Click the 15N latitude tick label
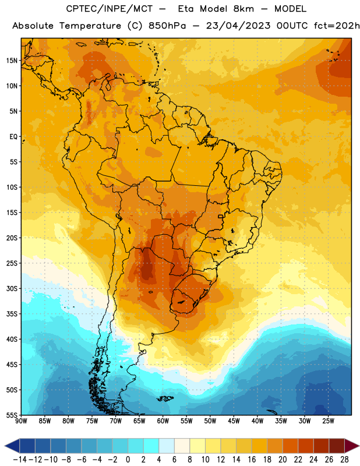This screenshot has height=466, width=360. [x=12, y=61]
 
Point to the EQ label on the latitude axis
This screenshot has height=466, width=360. [x=13, y=137]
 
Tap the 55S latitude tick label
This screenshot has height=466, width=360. [x=12, y=415]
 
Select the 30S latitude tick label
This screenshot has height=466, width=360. [x=12, y=288]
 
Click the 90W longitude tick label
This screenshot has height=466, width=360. [x=21, y=421]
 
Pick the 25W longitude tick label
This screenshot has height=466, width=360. [x=328, y=421]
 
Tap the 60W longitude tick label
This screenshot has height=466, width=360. [x=163, y=421]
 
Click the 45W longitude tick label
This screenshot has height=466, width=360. [x=234, y=421]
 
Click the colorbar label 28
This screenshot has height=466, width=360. [x=344, y=460]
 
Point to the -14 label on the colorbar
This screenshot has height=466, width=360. [x=20, y=460]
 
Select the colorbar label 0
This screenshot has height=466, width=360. [x=128, y=460]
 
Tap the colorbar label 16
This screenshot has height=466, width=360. [x=252, y=460]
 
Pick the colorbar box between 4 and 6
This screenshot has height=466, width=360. [x=167, y=446]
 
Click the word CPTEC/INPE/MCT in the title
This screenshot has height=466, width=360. [x=109, y=9]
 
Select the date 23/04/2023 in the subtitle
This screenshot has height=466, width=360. [x=238, y=26]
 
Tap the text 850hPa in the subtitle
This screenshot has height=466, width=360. [x=167, y=26]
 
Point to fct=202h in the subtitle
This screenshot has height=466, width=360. [x=337, y=26]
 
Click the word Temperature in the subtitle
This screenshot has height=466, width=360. [x=90, y=26]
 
